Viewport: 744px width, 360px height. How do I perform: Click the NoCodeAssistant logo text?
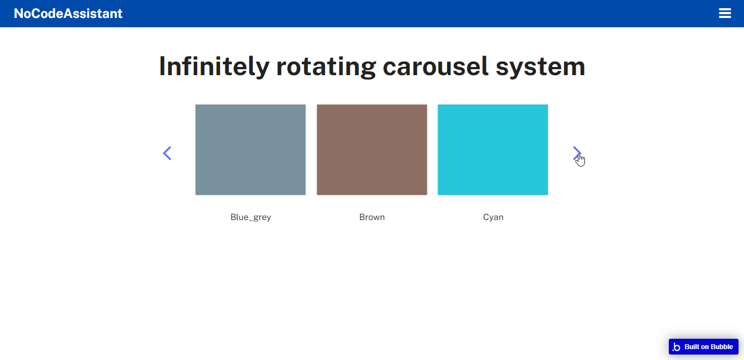pos(68,14)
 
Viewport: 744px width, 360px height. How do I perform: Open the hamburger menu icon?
pos(725,13)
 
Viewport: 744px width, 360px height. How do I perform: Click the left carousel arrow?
pos(167,153)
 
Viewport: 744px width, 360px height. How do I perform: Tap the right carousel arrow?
pos(577,153)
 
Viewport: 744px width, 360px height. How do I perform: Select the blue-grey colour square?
pos(251,150)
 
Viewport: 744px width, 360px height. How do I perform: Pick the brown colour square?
pos(372,150)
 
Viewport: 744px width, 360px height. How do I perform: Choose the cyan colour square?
pos(493,150)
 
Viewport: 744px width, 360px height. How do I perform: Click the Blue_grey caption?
pos(251,217)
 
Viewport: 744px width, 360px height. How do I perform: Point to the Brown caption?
pos(372,217)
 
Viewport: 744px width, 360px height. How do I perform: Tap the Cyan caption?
pos(493,217)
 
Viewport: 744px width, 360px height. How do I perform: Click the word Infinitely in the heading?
pos(214,67)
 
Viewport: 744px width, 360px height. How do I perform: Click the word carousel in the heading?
pos(436,67)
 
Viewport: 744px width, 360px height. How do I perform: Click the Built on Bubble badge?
pos(704,347)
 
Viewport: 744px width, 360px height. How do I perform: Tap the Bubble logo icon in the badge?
pos(676,347)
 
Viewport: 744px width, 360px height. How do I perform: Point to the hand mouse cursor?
pos(580,160)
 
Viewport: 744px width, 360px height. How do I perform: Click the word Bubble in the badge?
pos(721,347)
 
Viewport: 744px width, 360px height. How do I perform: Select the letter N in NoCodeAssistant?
pos(19,14)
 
